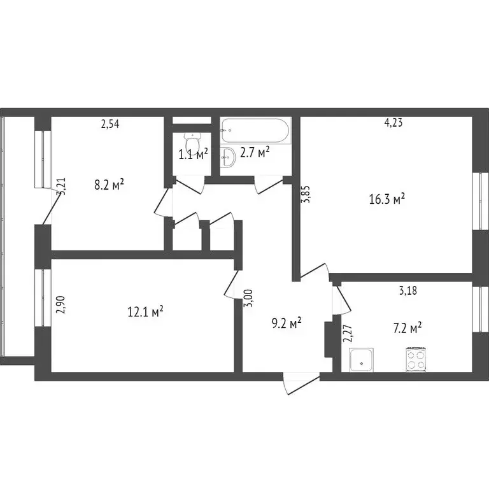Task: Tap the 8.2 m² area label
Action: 109,185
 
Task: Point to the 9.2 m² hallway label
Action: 286,323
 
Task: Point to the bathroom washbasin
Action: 228,156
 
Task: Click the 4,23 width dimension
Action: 393,124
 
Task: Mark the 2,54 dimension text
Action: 110,124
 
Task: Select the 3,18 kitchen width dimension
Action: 408,292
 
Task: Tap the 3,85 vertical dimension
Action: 306,194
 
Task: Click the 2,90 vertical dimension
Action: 60,305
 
